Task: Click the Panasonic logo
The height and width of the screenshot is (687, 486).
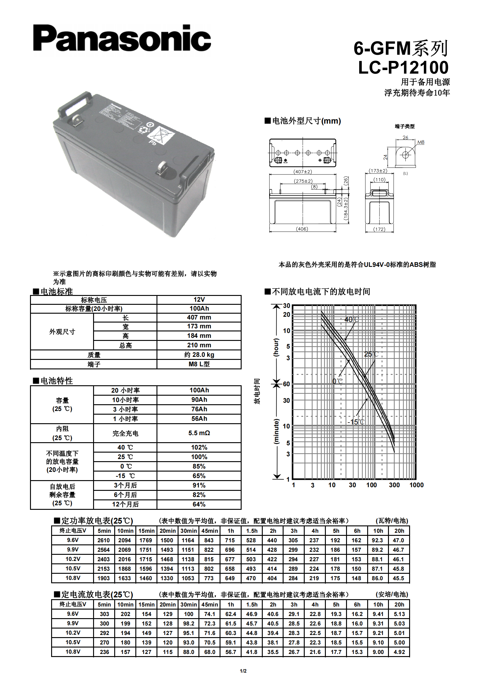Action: tap(122, 38)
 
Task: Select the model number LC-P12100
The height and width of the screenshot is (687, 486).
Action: tap(403, 68)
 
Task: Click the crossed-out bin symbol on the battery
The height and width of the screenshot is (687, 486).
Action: tap(161, 135)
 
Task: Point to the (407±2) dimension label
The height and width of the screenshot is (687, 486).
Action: tap(303, 172)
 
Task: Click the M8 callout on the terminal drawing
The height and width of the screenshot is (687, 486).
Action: tap(421, 142)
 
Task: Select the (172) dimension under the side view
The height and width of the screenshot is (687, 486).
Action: tap(379, 229)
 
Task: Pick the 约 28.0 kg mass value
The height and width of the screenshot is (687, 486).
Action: tap(199, 355)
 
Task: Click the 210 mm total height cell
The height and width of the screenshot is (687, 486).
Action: tap(199, 345)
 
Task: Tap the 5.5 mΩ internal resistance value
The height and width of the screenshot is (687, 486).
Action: tap(199, 433)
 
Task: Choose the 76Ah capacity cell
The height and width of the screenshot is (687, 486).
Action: tap(199, 409)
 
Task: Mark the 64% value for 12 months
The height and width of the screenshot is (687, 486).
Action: tap(199, 504)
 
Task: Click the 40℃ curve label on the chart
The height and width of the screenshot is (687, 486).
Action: tap(351, 319)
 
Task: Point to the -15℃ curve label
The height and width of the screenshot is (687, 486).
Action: tap(356, 422)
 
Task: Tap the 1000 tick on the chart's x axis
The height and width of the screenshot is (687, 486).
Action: tap(416, 485)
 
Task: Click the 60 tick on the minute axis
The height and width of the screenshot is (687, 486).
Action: tap(286, 384)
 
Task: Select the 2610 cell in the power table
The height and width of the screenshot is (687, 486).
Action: tap(104, 540)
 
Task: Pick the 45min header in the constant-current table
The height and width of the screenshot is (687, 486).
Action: tap(209, 605)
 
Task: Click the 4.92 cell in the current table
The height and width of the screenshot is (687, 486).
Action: tap(399, 652)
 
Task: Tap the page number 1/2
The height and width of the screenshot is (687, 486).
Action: tap(243, 671)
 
